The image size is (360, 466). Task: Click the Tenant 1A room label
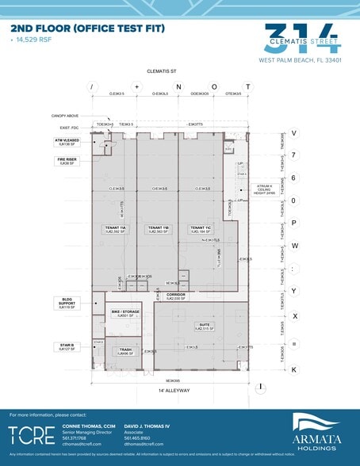pyautogui.click(x=116, y=229)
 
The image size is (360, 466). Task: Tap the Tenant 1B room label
pyautogui.click(x=156, y=229)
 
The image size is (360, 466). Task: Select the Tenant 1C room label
pyautogui.click(x=199, y=229)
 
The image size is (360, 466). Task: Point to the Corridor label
pyautogui.click(x=175, y=296)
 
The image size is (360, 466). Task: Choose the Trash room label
pyautogui.click(x=125, y=351)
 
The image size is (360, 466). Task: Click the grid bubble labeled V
pyautogui.click(x=293, y=133)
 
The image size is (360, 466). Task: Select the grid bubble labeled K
pyautogui.click(x=293, y=369)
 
